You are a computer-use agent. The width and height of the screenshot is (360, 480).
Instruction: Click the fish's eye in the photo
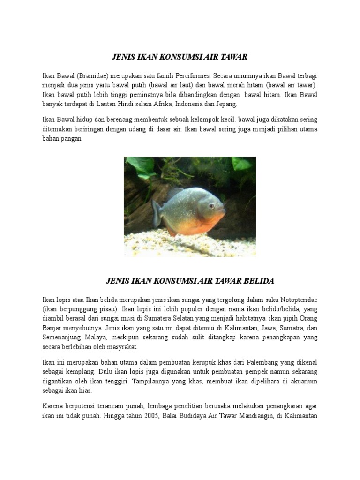(x=212, y=205)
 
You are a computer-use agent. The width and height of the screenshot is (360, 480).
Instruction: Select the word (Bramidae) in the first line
(x=92, y=75)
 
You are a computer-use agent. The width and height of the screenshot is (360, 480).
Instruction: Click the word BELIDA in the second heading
(x=257, y=281)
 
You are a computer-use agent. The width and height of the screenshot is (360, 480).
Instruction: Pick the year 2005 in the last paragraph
(x=147, y=415)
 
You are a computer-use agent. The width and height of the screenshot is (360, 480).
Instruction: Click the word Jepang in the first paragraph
(x=226, y=104)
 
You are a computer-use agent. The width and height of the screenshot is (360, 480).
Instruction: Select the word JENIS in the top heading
(x=123, y=57)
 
